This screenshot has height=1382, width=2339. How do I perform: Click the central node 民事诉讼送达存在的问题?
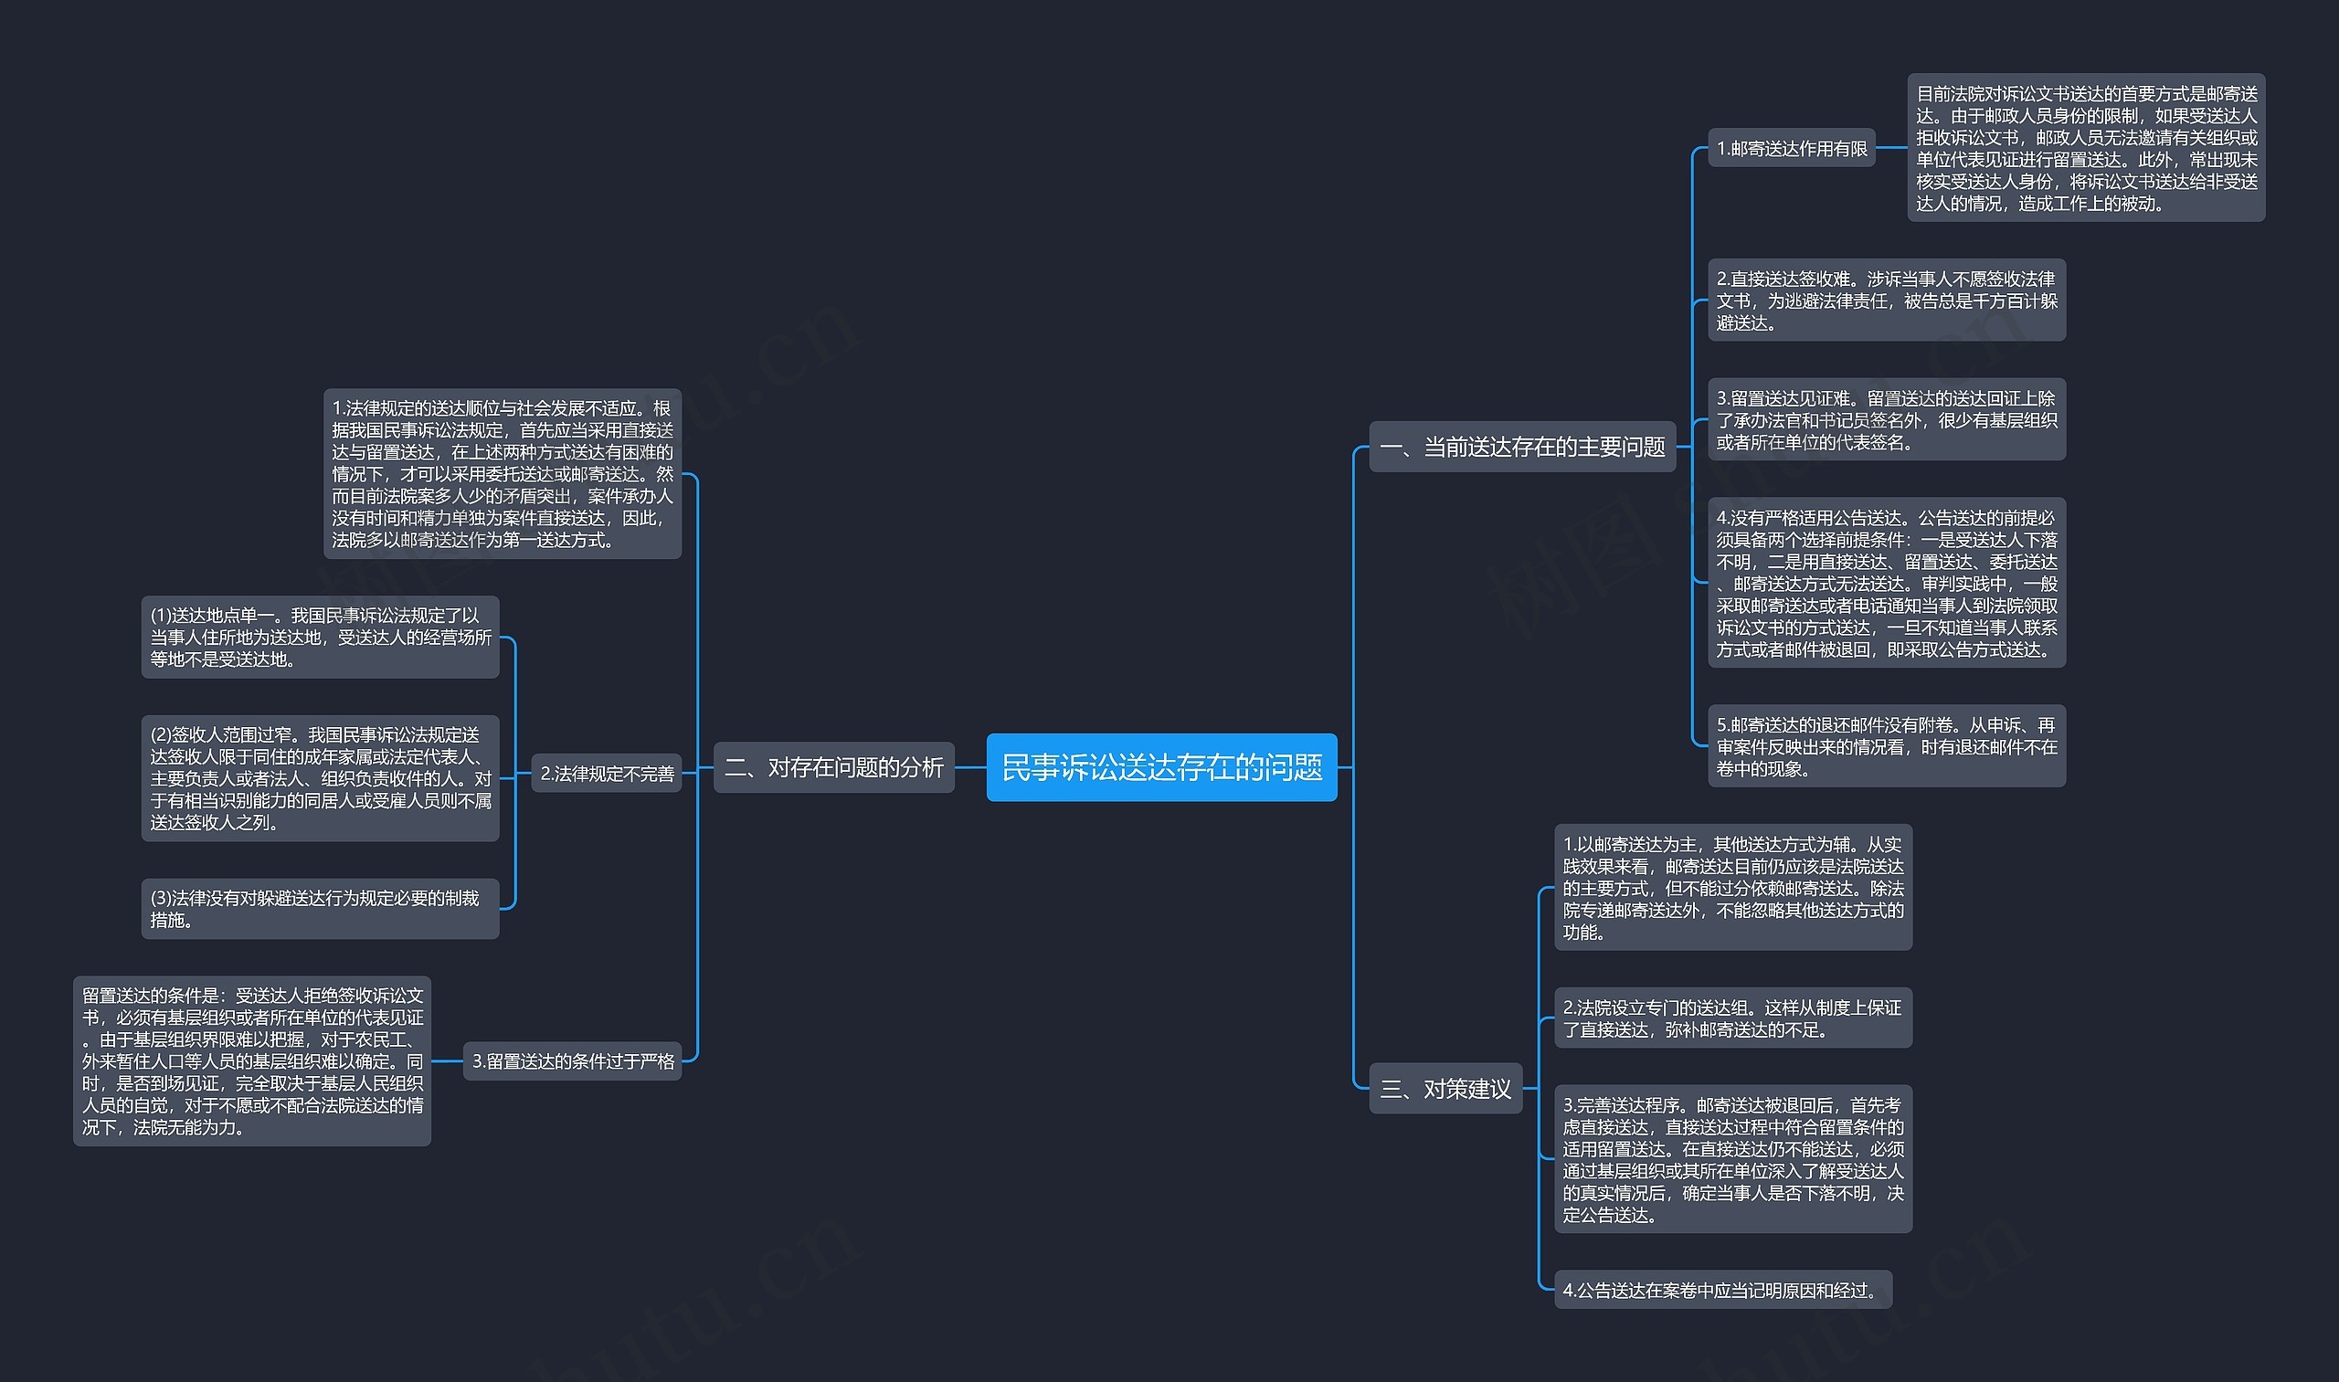[1160, 767]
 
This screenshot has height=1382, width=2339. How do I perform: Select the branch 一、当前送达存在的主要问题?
[1521, 447]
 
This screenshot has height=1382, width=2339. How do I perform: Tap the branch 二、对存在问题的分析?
[833, 767]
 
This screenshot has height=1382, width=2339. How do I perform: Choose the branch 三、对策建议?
[1445, 1088]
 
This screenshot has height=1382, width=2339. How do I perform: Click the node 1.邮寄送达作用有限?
[1792, 148]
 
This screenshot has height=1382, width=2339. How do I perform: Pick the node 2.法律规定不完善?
[607, 773]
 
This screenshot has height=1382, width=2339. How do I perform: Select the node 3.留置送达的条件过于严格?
[572, 1060]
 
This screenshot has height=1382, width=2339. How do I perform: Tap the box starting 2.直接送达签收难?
[1887, 300]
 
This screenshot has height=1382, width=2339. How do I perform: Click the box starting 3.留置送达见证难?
[1887, 420]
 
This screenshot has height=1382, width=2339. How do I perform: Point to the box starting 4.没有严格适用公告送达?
[1887, 583]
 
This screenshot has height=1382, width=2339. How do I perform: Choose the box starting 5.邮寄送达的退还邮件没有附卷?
[1887, 746]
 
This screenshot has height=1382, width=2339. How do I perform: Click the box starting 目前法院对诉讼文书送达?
[2086, 148]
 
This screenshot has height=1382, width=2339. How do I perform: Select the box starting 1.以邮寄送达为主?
[1732, 888]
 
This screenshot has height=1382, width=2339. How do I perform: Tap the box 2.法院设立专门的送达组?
[1732, 1018]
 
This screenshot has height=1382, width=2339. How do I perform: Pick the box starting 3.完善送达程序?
[1732, 1159]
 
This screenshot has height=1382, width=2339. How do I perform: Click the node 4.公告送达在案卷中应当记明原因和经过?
[1722, 1290]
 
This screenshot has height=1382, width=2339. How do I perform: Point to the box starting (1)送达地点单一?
[320, 637]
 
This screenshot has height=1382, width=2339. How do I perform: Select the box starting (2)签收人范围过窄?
[320, 778]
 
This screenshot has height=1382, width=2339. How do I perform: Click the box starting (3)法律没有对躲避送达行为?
[320, 909]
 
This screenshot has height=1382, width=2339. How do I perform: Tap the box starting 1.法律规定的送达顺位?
[503, 474]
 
